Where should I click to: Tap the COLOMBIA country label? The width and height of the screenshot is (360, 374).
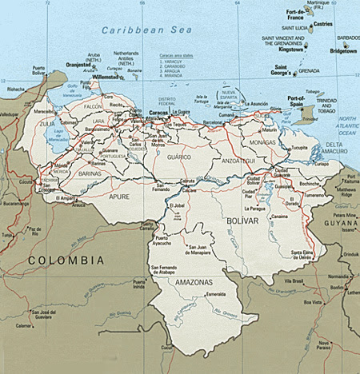click(x=65, y=261)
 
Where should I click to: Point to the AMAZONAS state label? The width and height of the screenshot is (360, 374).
click(x=190, y=283)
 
